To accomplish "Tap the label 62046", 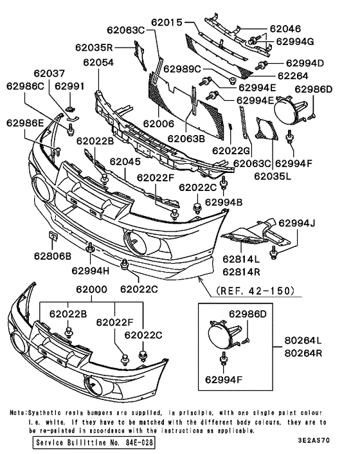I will click(286, 29).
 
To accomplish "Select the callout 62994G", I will click(295, 41).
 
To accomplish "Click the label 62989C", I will click(182, 69).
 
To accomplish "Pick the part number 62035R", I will click(93, 47).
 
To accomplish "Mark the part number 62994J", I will click(298, 224).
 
